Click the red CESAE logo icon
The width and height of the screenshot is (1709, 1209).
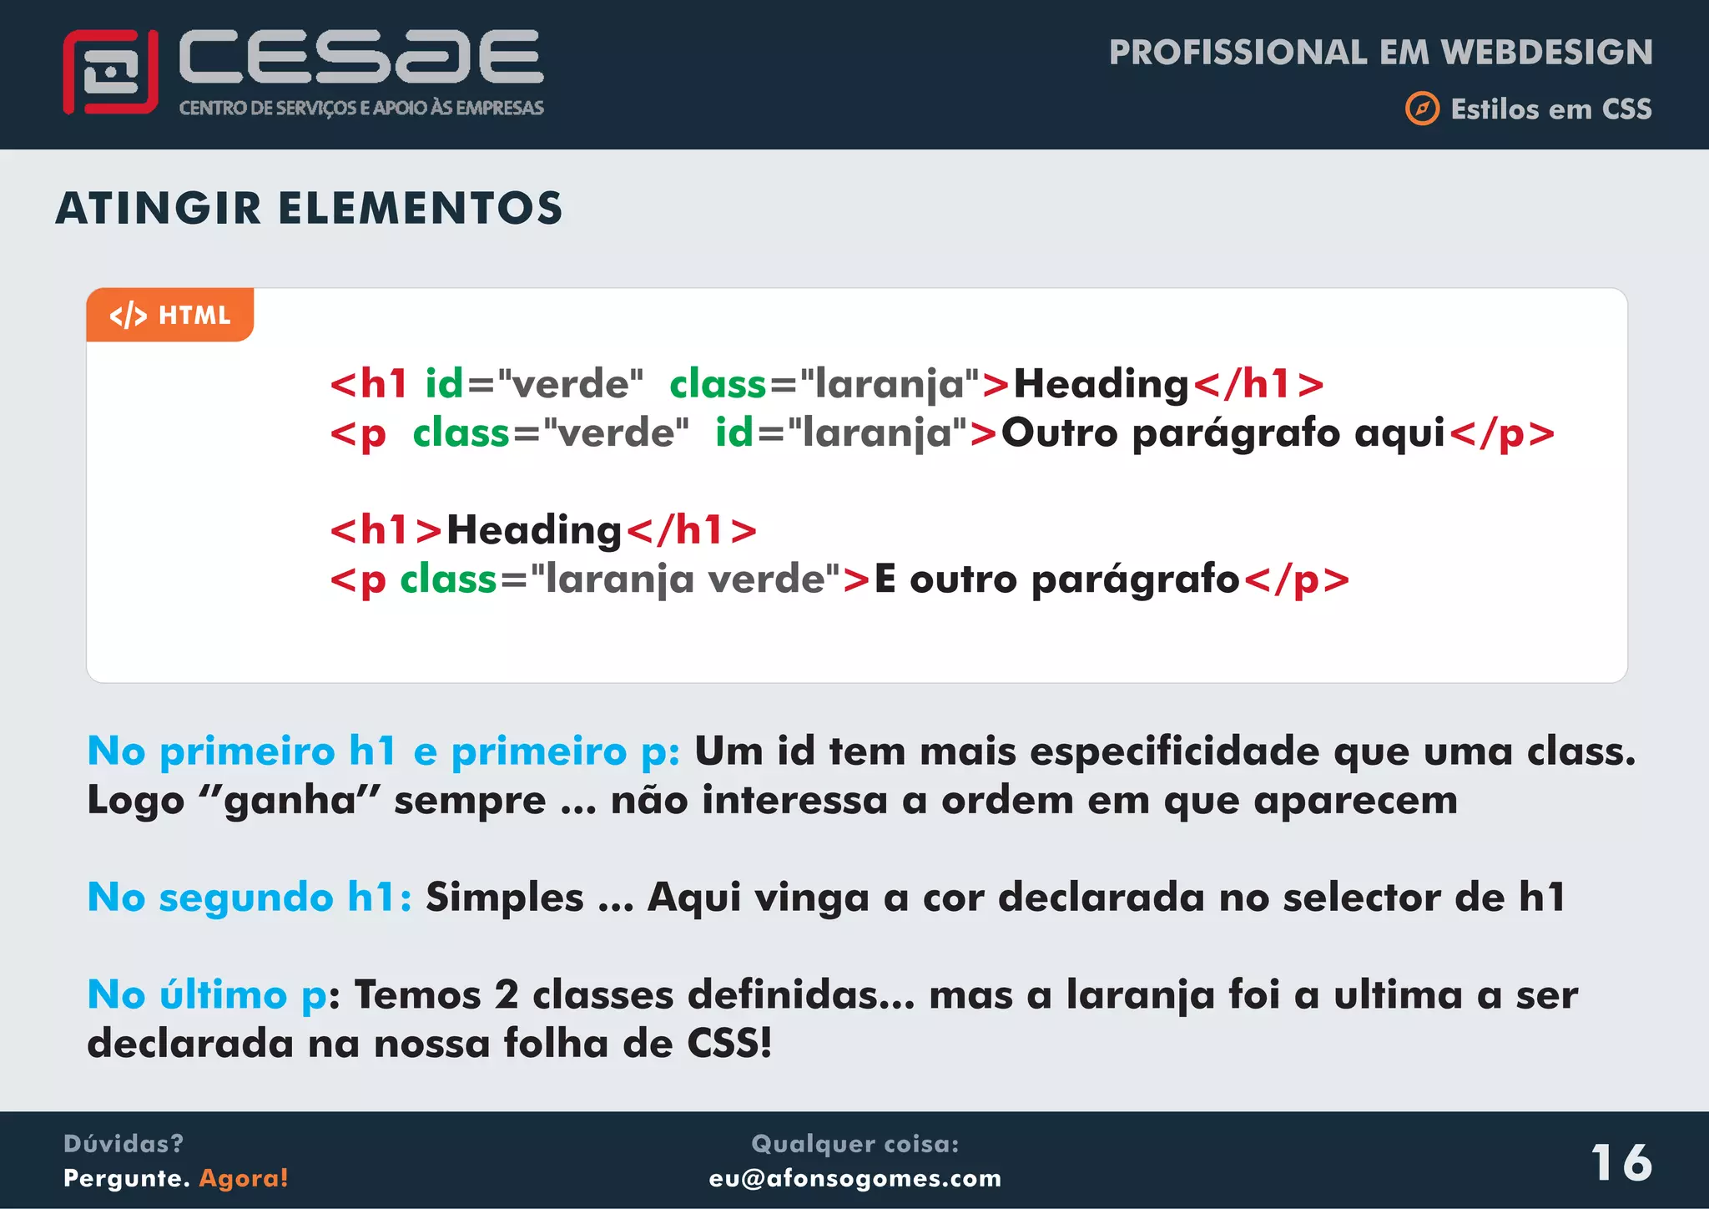pyautogui.click(x=110, y=72)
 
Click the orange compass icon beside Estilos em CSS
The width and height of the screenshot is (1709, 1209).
pyautogui.click(x=1422, y=109)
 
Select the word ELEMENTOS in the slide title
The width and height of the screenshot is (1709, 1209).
pyautogui.click(x=421, y=209)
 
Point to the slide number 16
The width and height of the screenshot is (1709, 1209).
pyautogui.click(x=1621, y=1162)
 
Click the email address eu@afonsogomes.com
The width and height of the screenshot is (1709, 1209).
pyautogui.click(x=854, y=1178)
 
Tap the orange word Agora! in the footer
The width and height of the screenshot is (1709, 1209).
pyautogui.click(x=244, y=1178)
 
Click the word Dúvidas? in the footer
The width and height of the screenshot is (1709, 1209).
pyautogui.click(x=124, y=1143)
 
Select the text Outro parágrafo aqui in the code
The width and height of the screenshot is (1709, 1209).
pyautogui.click(x=1223, y=433)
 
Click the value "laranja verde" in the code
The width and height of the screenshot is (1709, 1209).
pyautogui.click(x=685, y=579)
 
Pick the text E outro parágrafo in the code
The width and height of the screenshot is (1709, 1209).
pyautogui.click(x=1056, y=579)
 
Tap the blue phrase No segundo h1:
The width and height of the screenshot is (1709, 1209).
pyautogui.click(x=250, y=898)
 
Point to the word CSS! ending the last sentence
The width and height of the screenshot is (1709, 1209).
pyautogui.click(x=729, y=1044)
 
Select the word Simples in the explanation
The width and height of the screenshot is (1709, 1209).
pyautogui.click(x=504, y=898)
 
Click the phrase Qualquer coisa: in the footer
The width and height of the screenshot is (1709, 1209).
pyautogui.click(x=854, y=1143)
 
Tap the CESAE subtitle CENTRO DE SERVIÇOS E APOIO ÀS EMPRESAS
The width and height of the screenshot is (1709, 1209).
pyautogui.click(x=361, y=108)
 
